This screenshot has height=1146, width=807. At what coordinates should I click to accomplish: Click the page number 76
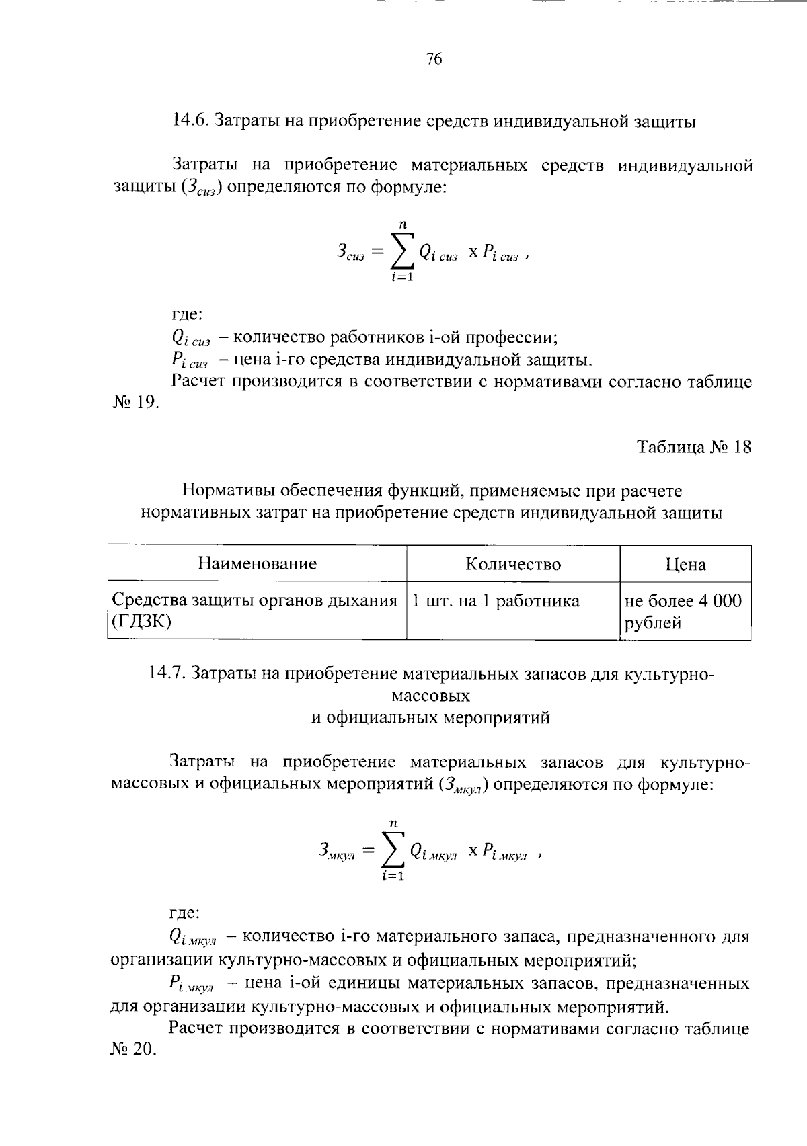(434, 60)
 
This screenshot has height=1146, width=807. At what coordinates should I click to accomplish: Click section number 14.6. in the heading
(192, 121)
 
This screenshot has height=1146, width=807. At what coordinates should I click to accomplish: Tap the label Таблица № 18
(693, 448)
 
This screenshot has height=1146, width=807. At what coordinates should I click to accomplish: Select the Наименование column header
(257, 563)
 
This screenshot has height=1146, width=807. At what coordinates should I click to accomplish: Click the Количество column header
(512, 564)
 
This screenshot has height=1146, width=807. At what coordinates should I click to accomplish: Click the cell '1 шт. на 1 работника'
(495, 600)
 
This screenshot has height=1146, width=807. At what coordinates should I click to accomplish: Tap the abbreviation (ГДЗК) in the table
(142, 622)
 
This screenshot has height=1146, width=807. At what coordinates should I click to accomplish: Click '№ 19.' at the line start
(134, 403)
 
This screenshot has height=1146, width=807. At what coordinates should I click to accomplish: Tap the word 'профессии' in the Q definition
(511, 337)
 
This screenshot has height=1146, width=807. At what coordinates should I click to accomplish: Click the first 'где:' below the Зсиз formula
(186, 314)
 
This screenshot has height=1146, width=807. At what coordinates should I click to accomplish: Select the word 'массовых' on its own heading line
(430, 695)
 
